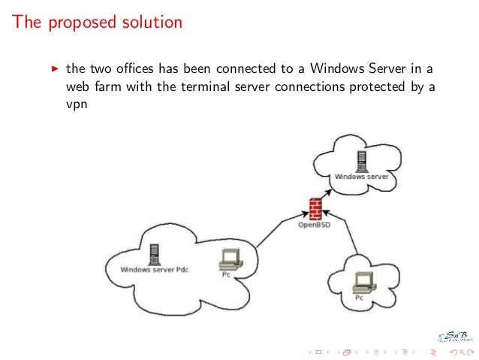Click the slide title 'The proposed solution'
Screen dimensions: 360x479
[98, 23]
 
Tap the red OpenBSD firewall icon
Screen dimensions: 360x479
[315, 207]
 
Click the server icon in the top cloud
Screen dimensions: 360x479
[362, 162]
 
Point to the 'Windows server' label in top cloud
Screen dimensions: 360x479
[361, 177]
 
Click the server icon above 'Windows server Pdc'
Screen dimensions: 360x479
[155, 253]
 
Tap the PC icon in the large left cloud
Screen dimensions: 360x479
[228, 259]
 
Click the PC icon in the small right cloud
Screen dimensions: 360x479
[363, 283]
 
